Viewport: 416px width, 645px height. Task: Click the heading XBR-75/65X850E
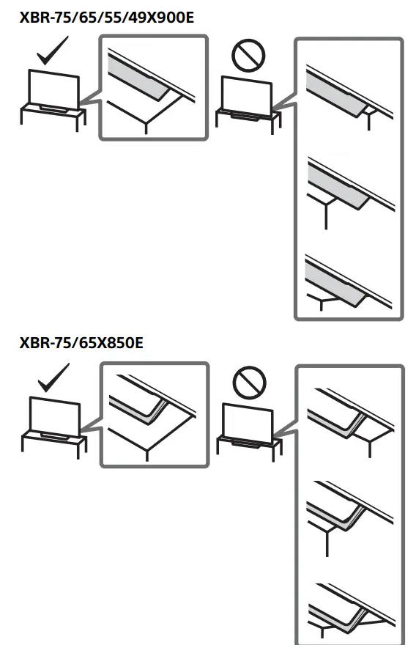(x=81, y=343)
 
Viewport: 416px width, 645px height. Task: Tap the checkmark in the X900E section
(x=53, y=54)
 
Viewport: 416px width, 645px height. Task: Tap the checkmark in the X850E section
(x=53, y=379)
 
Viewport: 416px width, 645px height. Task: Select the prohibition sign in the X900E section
(x=248, y=54)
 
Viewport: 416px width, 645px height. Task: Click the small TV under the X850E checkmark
(x=54, y=414)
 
